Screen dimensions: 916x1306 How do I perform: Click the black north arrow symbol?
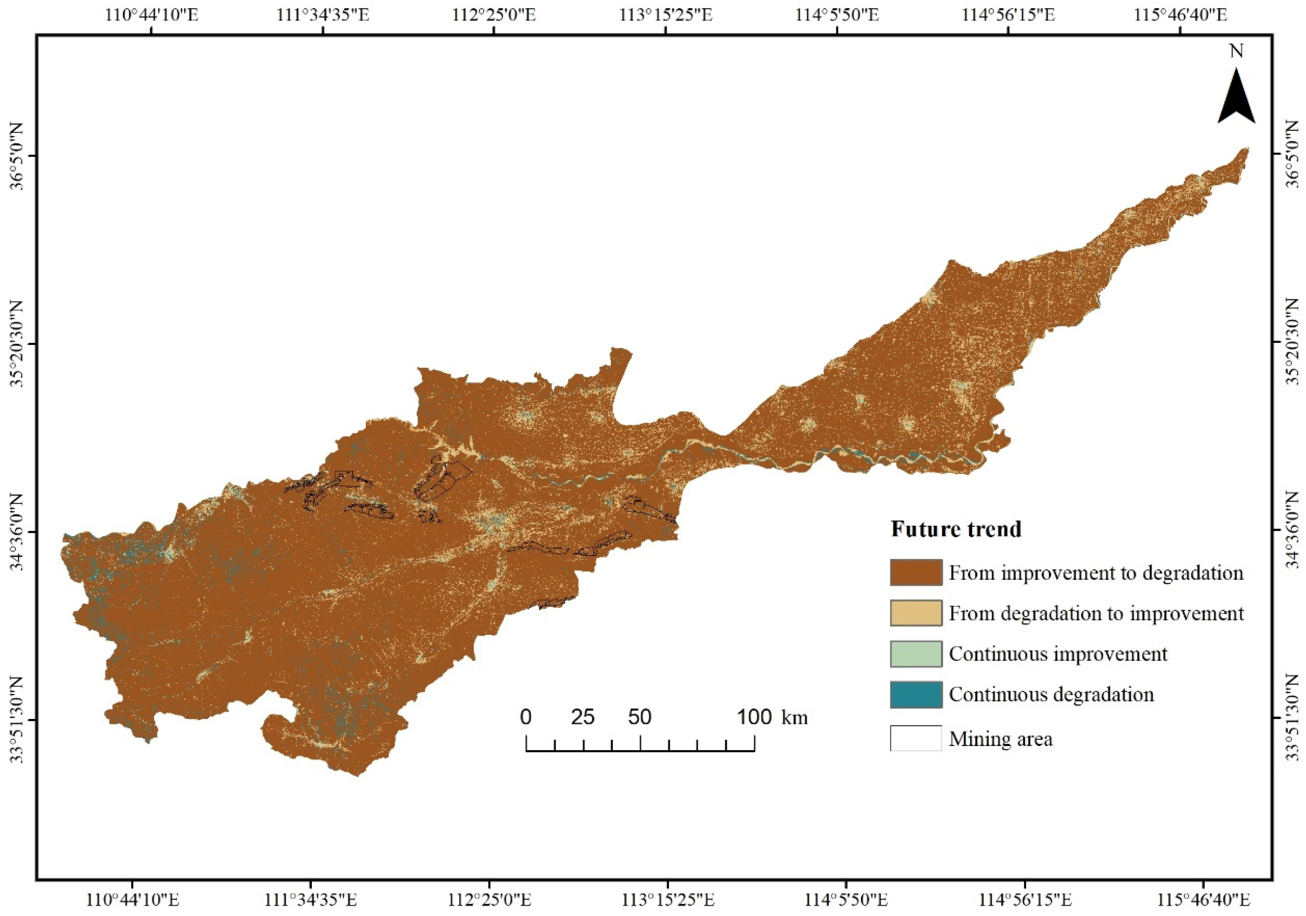pos(1236,107)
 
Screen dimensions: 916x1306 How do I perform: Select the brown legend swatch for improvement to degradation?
pos(916,573)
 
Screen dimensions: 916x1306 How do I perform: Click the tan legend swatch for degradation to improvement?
pos(916,613)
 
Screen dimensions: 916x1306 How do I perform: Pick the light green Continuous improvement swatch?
pos(916,654)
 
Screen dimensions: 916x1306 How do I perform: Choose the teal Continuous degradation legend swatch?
pos(916,695)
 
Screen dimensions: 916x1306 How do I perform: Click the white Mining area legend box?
pos(916,738)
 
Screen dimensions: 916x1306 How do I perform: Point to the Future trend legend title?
pos(956,530)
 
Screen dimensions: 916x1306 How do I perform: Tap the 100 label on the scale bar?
pos(754,717)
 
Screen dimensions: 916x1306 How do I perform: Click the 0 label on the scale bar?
pos(526,717)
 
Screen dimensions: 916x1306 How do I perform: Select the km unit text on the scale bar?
pos(794,718)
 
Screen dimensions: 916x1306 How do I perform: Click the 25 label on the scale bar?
pos(583,717)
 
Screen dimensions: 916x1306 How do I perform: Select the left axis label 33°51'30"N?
pos(17,720)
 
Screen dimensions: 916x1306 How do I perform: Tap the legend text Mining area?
pos(1001,739)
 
